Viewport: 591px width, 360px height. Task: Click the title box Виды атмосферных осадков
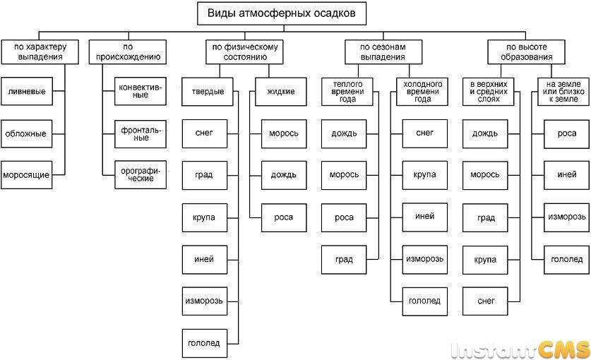(x=282, y=13)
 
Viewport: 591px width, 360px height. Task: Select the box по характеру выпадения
(x=40, y=52)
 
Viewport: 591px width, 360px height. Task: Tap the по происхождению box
(x=128, y=52)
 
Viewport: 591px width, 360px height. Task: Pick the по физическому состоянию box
(x=244, y=52)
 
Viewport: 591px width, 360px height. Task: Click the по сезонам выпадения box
(x=383, y=52)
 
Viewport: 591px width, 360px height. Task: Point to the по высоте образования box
(x=526, y=52)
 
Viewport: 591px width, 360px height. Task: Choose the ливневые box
(x=27, y=91)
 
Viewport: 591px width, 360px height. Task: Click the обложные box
(x=27, y=133)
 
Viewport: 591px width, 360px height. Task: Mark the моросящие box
(x=27, y=175)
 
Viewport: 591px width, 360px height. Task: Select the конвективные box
(x=141, y=91)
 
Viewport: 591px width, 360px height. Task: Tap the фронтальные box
(x=141, y=134)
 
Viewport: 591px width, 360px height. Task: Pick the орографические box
(x=141, y=175)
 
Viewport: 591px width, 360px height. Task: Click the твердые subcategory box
(x=208, y=92)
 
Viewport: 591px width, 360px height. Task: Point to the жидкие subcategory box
(x=281, y=92)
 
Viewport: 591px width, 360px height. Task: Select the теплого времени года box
(x=347, y=92)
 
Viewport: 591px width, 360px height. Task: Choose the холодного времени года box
(x=422, y=92)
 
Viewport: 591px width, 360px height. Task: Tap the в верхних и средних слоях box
(x=489, y=92)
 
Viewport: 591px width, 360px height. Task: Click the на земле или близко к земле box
(x=563, y=92)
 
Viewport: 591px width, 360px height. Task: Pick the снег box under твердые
(x=205, y=133)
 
